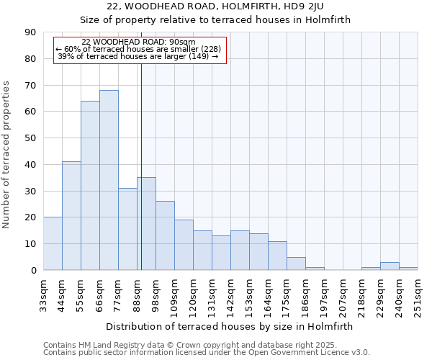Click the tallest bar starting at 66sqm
pyautogui.click(x=109, y=180)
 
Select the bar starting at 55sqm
pyautogui.click(x=90, y=186)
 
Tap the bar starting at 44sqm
pyautogui.click(x=71, y=216)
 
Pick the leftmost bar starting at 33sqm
pyautogui.click(x=53, y=243)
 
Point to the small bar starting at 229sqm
pyautogui.click(x=390, y=266)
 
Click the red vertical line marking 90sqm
pyautogui.click(x=141, y=158)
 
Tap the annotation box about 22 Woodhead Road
pyautogui.click(x=140, y=50)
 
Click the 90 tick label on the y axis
pyautogui.click(x=31, y=32)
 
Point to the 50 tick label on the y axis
pyautogui.click(x=31, y=138)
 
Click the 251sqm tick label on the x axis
pyautogui.click(x=418, y=295)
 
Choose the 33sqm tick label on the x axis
pyautogui.click(x=44, y=295)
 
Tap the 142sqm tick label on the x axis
pyautogui.click(x=231, y=295)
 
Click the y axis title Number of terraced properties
pyautogui.click(x=7, y=155)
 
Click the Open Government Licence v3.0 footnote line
pyautogui.click(x=207, y=353)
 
